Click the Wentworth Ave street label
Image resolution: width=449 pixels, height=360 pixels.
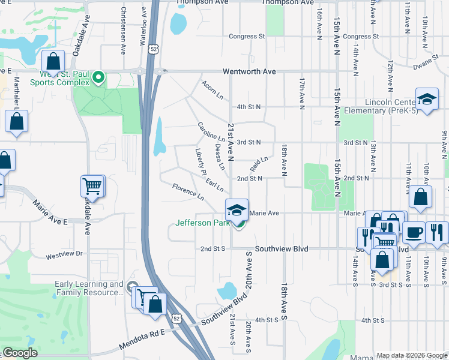click(249, 71)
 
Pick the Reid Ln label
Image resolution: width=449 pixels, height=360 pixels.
click(259, 163)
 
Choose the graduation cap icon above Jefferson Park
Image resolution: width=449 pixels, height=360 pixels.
click(237, 210)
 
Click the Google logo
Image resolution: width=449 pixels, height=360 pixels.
click(20, 353)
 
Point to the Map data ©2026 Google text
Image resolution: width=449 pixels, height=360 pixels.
click(412, 355)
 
